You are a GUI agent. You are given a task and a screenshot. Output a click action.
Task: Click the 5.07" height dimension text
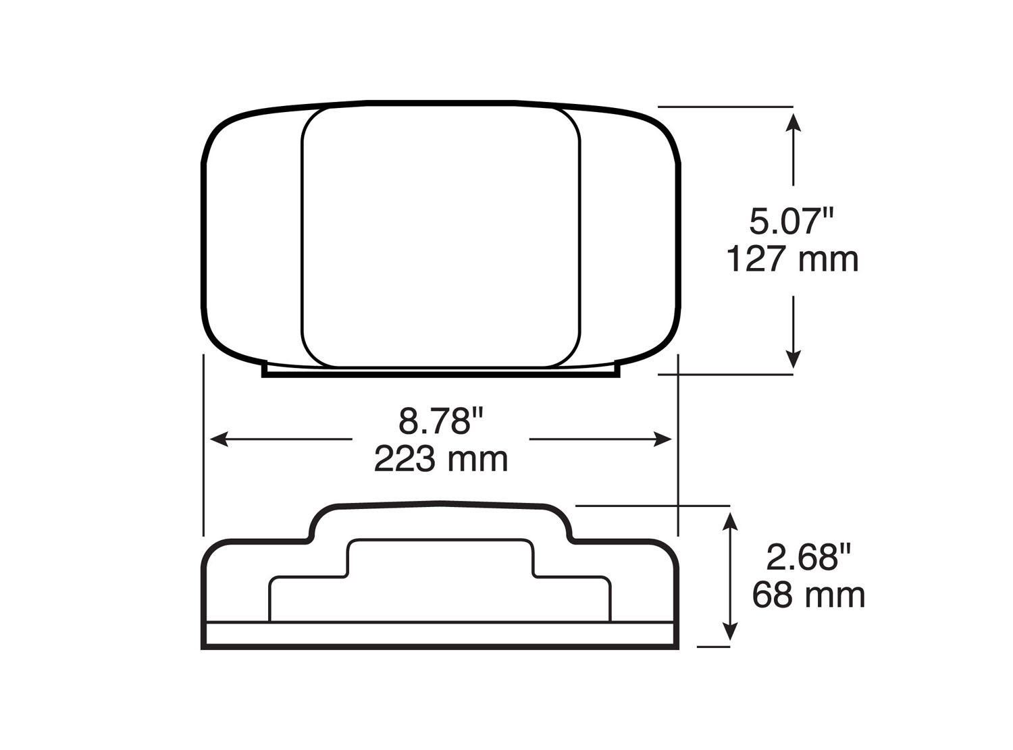point(792,222)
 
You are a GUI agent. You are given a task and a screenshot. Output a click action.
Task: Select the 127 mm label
point(792,260)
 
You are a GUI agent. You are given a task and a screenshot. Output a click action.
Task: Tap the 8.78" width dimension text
point(442,422)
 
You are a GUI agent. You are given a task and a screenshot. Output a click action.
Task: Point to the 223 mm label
point(441,460)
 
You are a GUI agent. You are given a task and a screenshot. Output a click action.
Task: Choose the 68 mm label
point(808,595)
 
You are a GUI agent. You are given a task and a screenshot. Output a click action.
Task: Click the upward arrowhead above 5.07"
point(794,122)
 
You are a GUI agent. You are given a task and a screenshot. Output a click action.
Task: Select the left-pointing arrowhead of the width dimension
point(218,439)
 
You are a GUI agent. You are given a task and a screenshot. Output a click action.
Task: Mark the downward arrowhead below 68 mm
point(729,632)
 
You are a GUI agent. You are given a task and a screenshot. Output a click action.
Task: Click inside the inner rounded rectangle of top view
point(440,236)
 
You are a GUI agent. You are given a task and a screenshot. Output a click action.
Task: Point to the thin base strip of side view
point(440,635)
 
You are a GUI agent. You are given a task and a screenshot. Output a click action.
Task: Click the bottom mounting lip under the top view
point(440,373)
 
